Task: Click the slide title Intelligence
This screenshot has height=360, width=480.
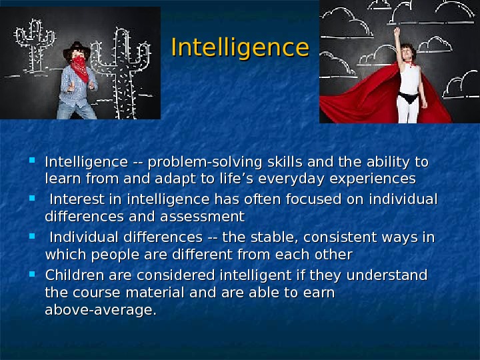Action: (x=240, y=48)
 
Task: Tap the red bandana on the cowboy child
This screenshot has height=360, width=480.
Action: (x=80, y=67)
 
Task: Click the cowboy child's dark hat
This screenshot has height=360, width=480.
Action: (x=77, y=51)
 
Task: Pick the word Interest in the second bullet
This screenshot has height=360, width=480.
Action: (x=76, y=200)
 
